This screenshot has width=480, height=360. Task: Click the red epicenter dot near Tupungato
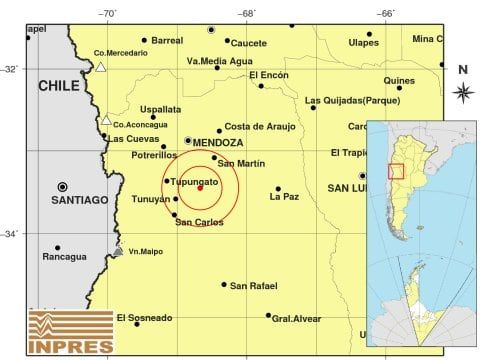point(200,187)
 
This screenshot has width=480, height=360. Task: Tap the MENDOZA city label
point(219,143)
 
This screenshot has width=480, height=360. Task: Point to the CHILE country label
point(58,86)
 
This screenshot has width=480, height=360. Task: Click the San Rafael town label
point(253,286)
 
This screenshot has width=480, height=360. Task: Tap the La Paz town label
point(284,197)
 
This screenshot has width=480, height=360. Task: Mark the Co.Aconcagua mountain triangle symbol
point(106,121)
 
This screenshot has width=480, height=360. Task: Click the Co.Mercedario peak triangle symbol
point(101,68)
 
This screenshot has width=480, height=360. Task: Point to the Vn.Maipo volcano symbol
point(118,251)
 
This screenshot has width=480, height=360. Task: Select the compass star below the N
point(462,92)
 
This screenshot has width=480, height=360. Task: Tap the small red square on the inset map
point(395,170)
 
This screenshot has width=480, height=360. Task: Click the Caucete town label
point(248,43)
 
